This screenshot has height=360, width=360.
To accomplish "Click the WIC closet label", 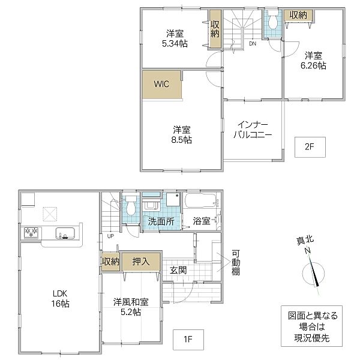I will coord(161,85).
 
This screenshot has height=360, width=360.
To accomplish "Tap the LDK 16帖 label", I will coord(59,298).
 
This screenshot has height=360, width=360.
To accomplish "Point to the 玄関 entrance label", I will coord(177,270).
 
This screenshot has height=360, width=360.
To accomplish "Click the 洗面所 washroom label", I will coord(161,221).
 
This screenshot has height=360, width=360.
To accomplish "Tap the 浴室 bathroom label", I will coord(201,221).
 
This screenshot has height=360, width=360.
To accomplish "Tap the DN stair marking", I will coord(253,43).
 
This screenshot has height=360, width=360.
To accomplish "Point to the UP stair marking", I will coord(110,236).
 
